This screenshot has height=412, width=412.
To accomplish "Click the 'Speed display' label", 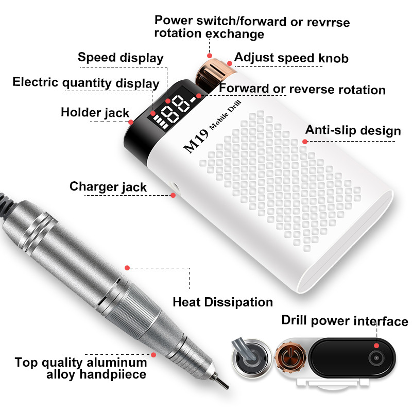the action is [121, 58].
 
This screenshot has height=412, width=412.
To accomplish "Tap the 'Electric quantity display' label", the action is [86, 83].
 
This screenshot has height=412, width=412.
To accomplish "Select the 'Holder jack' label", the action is [95, 112].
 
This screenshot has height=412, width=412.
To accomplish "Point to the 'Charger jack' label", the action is [108, 187].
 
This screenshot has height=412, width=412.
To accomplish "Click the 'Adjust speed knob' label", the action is [291, 58].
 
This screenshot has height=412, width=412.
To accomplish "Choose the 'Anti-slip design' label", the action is [353, 130].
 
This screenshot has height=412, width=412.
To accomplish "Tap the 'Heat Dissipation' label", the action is [223, 302].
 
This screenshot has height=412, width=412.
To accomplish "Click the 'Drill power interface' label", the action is [345, 321].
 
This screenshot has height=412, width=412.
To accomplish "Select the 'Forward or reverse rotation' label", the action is [302, 89].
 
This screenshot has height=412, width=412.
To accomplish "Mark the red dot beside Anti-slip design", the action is [305, 142].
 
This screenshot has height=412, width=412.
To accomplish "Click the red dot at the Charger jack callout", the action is [173, 195].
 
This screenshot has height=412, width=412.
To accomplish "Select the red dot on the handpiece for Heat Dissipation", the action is [127, 268].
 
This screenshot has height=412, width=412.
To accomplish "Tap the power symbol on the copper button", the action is [290, 355].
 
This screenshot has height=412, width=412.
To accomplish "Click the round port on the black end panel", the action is [376, 358].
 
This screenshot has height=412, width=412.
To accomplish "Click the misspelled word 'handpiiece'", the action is [113, 374].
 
